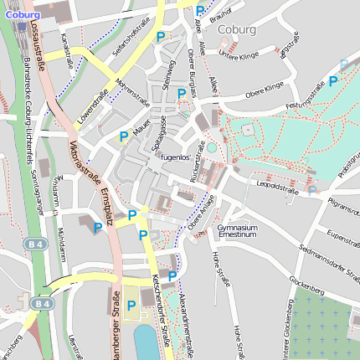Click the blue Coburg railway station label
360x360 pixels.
tap(22, 14)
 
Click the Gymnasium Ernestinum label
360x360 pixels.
tap(237, 230)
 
